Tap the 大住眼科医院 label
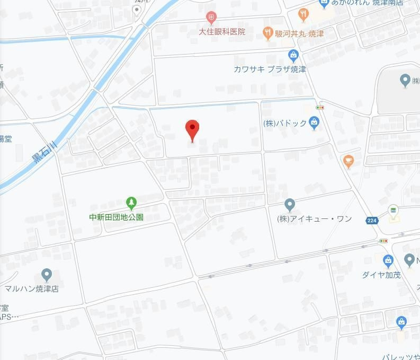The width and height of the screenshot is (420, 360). (222, 32)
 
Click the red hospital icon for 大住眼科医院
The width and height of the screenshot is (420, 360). (211, 19)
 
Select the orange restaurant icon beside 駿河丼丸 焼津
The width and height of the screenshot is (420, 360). (268, 33)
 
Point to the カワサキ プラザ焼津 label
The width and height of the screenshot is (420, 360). (270, 69)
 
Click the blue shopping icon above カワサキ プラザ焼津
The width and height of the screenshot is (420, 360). (293, 55)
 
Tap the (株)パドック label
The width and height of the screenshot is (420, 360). (285, 123)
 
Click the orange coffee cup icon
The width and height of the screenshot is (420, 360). (348, 161)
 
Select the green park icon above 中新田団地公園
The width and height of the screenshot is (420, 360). (131, 203)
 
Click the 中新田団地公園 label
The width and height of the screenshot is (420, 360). (116, 217)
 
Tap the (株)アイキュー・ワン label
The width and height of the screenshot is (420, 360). (314, 219)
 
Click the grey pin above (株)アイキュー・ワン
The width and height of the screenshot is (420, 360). (289, 205)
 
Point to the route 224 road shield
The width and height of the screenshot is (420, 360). (372, 219)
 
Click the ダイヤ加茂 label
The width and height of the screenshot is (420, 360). (381, 275)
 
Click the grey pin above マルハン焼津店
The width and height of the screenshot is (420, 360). (47, 275)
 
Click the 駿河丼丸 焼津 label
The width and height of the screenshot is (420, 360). (299, 33)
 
